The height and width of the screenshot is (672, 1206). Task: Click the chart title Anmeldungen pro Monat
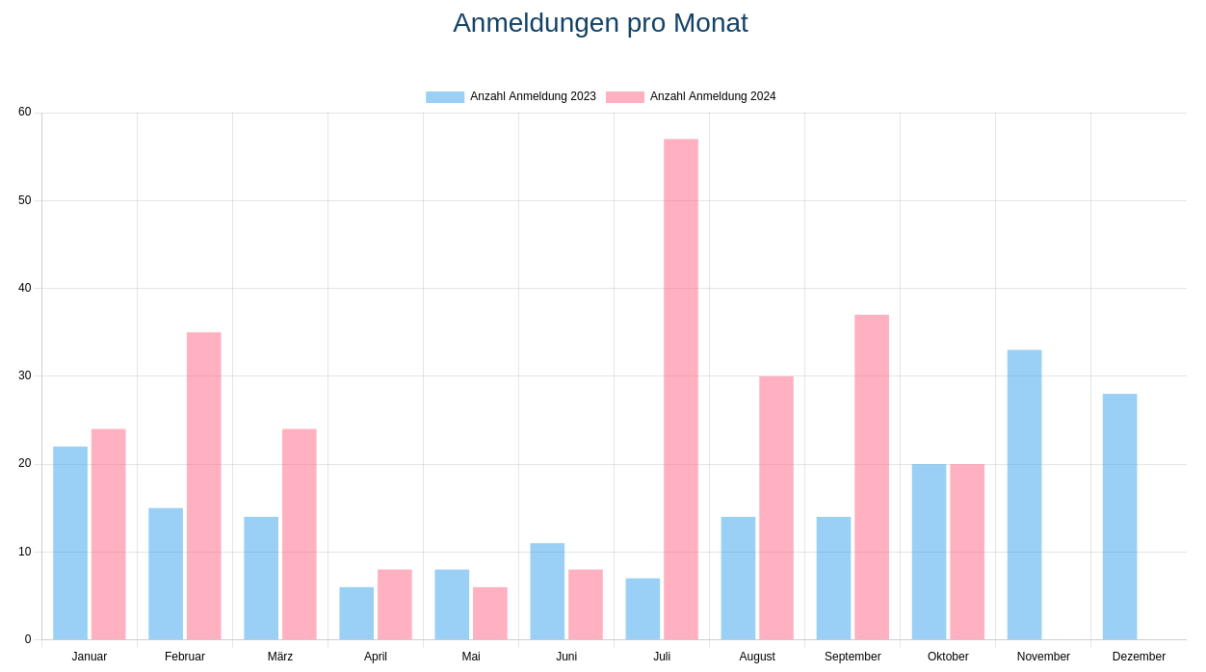(x=600, y=23)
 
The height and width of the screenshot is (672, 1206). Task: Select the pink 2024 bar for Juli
(x=681, y=389)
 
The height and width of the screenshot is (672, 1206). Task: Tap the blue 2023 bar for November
(x=1024, y=495)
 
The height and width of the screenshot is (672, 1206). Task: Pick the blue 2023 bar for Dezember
(x=1119, y=517)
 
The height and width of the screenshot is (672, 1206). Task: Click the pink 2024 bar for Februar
(x=204, y=486)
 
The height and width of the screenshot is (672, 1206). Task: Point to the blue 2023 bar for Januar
(x=70, y=543)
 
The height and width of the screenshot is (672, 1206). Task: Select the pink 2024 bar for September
(x=872, y=478)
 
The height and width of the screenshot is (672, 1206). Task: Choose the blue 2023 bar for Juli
(x=642, y=608)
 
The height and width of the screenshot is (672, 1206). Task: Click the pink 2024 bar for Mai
(x=490, y=613)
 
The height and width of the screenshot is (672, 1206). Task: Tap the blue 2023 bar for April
(x=356, y=613)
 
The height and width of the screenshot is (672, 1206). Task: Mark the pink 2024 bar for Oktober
(x=967, y=552)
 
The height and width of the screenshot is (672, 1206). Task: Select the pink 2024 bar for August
(x=776, y=507)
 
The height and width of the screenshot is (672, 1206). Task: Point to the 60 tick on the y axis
(x=25, y=112)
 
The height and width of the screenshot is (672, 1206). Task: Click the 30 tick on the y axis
(x=25, y=375)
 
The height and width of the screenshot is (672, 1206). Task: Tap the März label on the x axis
(x=280, y=657)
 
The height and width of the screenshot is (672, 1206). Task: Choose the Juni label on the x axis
(x=566, y=657)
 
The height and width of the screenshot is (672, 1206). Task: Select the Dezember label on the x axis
(x=1139, y=657)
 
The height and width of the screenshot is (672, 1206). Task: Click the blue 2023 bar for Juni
(x=547, y=591)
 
